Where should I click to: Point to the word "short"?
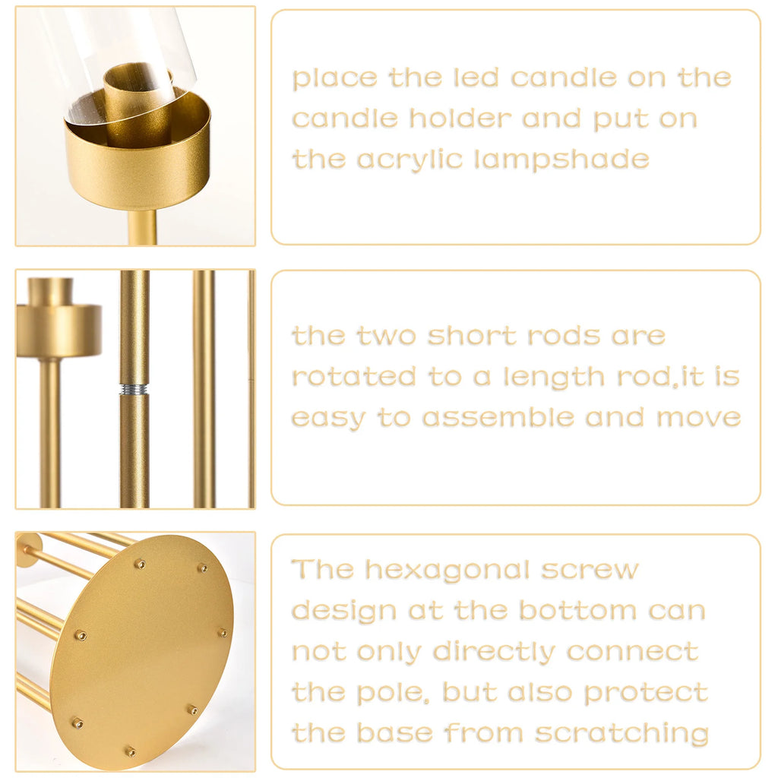pyautogui.click(x=463, y=336)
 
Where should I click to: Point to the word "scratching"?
pyautogui.click(x=621, y=734)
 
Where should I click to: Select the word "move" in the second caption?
pyautogui.click(x=698, y=418)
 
